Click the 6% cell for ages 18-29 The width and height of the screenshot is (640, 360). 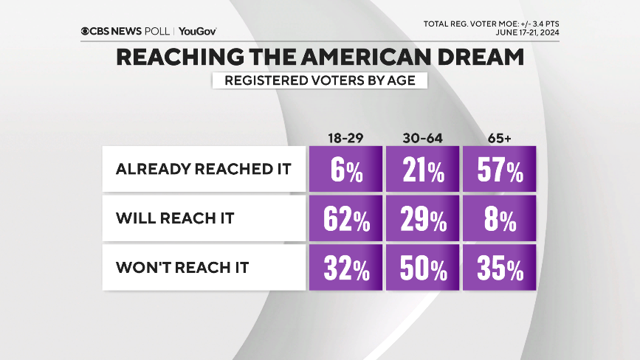346,169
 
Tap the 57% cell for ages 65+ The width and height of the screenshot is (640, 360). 500,169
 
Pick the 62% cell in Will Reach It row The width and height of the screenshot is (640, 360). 346,219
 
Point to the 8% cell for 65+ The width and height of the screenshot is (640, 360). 500,219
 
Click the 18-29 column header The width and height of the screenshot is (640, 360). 346,137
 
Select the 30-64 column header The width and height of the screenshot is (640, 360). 423,137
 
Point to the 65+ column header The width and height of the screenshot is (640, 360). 500,137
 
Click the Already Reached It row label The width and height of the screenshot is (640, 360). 204,169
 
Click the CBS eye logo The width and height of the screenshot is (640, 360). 86,31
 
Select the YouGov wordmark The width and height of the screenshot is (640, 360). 197,31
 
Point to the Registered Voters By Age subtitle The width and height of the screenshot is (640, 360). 320,80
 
